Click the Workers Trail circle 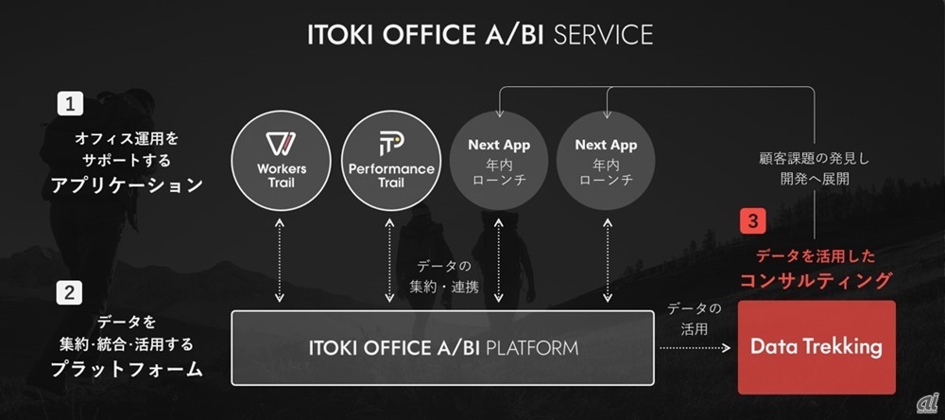(281, 160)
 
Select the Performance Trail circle (390, 160)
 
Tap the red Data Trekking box (816, 346)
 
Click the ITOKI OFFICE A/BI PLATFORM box (443, 347)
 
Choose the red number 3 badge (752, 221)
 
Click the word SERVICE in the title (603, 35)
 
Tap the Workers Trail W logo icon (281, 144)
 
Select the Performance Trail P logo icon (390, 143)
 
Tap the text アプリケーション (128, 184)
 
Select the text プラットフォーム (128, 369)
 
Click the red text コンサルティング (816, 280)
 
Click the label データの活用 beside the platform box (694, 318)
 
